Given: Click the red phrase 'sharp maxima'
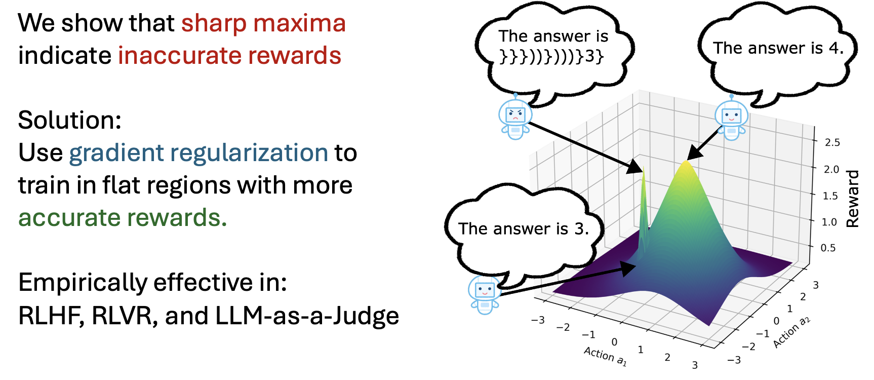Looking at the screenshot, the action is [x=263, y=23].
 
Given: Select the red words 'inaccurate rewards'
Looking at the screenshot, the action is [x=230, y=55].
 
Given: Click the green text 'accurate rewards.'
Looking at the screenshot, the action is [x=123, y=218].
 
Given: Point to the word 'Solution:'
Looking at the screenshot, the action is [x=70, y=121].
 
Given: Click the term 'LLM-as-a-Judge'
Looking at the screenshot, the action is [x=307, y=316].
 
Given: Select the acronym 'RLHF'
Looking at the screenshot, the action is [x=51, y=316].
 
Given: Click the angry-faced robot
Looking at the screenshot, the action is [x=515, y=118].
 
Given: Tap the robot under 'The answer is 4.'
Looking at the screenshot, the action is [x=731, y=118].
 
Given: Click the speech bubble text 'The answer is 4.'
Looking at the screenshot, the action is [x=778, y=48].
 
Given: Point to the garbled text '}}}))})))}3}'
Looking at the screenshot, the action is [x=551, y=56].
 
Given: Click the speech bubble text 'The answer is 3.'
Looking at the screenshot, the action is [x=524, y=229].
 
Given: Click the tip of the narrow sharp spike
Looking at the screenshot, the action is [x=644, y=167].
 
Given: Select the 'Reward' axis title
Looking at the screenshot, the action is [x=853, y=199].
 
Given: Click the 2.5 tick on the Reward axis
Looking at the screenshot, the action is [x=832, y=142].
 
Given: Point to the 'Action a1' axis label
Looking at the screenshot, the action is [x=606, y=356].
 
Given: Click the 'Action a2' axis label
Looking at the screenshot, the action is [x=791, y=332].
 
